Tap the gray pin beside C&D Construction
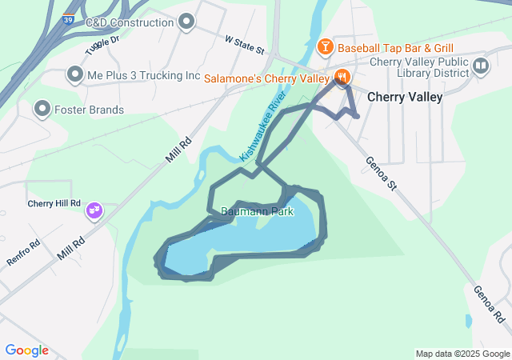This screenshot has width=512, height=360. [x=187, y=22]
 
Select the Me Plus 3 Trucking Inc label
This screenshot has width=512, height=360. [x=143, y=75]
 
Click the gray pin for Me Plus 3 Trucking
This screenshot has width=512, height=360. [x=75, y=75]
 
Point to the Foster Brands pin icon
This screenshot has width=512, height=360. [x=42, y=109]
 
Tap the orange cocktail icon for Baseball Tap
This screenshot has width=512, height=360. [x=325, y=47]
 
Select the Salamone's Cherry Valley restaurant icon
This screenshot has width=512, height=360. [x=342, y=78]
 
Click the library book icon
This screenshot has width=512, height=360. [x=481, y=66]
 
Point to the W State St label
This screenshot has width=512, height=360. [x=244, y=44]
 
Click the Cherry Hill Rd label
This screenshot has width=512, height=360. [x=54, y=204]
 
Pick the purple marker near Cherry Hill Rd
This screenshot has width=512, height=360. [x=94, y=210]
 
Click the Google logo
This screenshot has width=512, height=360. [x=26, y=350]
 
